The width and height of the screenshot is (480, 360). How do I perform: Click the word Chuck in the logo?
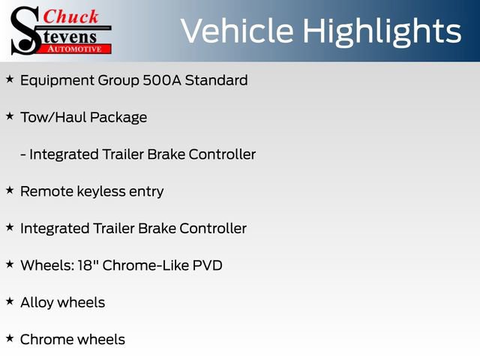tap(71, 17)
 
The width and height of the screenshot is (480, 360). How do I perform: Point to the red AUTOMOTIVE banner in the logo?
tap(76, 48)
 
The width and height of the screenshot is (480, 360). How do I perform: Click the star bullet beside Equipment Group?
tap(10, 79)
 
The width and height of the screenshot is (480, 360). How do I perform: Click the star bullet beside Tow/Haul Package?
tap(10, 116)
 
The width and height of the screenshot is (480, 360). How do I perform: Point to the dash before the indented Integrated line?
tap(23, 154)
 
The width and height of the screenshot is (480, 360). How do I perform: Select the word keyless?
tap(103, 191)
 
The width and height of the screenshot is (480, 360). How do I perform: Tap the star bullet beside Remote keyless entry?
tap(10, 190)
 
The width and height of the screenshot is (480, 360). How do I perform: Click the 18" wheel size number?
tap(88, 265)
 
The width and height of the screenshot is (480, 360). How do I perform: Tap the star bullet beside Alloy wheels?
tap(10, 301)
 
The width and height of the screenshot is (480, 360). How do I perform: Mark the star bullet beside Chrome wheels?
tap(10, 338)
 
